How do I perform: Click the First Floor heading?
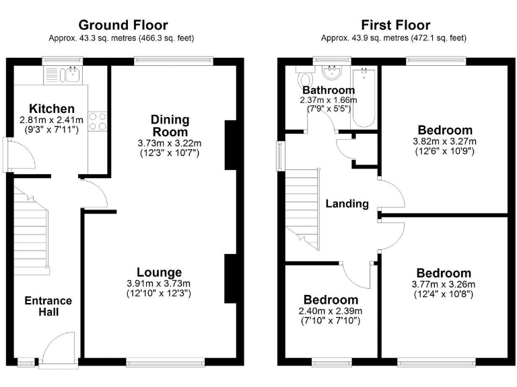(x=395, y=26)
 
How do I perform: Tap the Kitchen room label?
(x=51, y=109)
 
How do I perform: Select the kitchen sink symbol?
(x=71, y=75)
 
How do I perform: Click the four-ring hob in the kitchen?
(x=97, y=121)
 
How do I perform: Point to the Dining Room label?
(x=170, y=126)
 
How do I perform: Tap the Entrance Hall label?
(x=48, y=306)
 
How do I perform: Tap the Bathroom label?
(x=328, y=90)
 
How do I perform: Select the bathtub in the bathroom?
(x=364, y=97)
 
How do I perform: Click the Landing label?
(x=347, y=204)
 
